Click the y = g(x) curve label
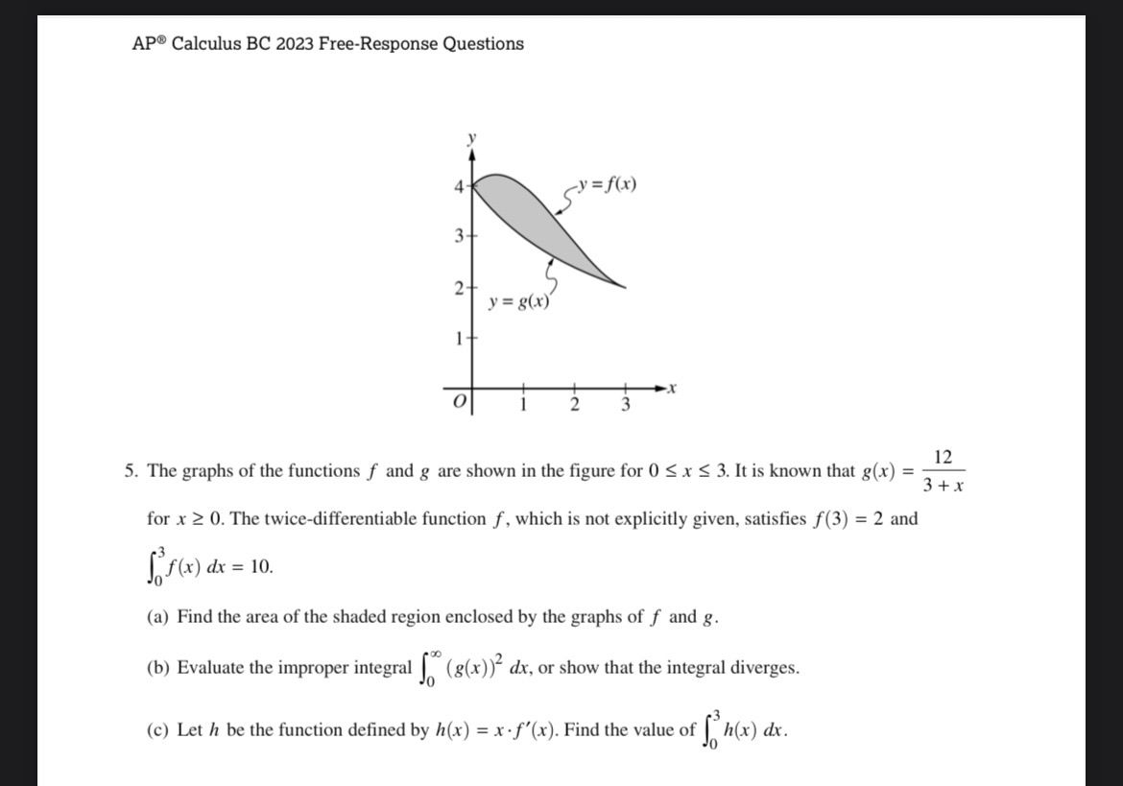(x=518, y=301)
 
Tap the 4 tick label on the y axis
(x=459, y=185)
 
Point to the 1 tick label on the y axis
(x=460, y=338)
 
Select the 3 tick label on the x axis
(x=625, y=405)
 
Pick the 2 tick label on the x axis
(x=574, y=405)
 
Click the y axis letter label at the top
(x=470, y=139)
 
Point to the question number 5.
(x=130, y=471)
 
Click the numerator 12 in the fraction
(x=943, y=458)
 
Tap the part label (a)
(x=158, y=617)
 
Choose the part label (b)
(x=158, y=668)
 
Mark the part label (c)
(x=158, y=730)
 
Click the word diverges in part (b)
(x=763, y=668)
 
